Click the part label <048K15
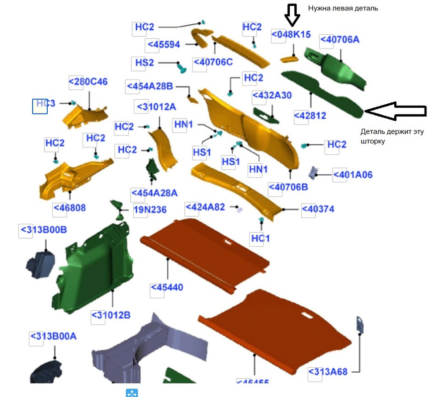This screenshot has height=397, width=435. click(291, 35)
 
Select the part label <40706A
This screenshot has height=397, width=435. click(339, 40)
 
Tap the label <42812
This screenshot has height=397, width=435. click(310, 116)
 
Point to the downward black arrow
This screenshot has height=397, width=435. click(292, 14)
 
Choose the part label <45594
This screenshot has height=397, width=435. click(163, 44)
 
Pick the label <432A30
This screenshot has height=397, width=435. click(272, 95)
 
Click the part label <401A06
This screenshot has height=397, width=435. click(352, 175)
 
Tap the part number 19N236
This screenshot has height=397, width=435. click(150, 209)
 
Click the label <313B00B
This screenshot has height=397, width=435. click(43, 230)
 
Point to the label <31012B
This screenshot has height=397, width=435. click(110, 315)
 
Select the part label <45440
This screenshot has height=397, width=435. click(167, 288)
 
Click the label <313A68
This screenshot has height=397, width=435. click(328, 372)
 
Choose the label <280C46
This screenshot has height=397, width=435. click(88, 81)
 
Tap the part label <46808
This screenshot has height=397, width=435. click(69, 207)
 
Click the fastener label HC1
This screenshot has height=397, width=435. click(260, 239)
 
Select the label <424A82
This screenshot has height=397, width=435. click(205, 207)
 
